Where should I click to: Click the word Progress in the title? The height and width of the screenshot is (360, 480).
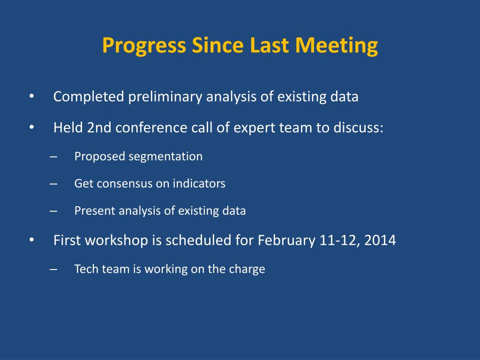tap(144, 46)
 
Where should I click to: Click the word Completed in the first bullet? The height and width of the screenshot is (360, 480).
tap(89, 97)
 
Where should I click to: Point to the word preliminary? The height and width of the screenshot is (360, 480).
tap(165, 97)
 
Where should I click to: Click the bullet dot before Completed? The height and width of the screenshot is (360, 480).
tap(31, 97)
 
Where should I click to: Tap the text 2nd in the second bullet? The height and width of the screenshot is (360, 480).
tap(99, 127)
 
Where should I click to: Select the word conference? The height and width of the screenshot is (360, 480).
tap(151, 127)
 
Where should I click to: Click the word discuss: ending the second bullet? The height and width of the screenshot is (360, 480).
tap(358, 127)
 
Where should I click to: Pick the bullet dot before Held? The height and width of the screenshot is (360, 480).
tap(31, 127)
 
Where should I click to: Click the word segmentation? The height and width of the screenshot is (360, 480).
tap(165, 157)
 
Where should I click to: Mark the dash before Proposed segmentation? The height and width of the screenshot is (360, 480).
tap(53, 157)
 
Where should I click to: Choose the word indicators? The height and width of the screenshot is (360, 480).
tap(199, 183)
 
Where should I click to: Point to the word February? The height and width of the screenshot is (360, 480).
tap(286, 240)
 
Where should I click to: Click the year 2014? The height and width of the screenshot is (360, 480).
tap(380, 240)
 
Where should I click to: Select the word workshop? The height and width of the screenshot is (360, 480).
tap(117, 240)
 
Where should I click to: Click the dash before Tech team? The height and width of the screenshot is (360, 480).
tap(53, 270)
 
